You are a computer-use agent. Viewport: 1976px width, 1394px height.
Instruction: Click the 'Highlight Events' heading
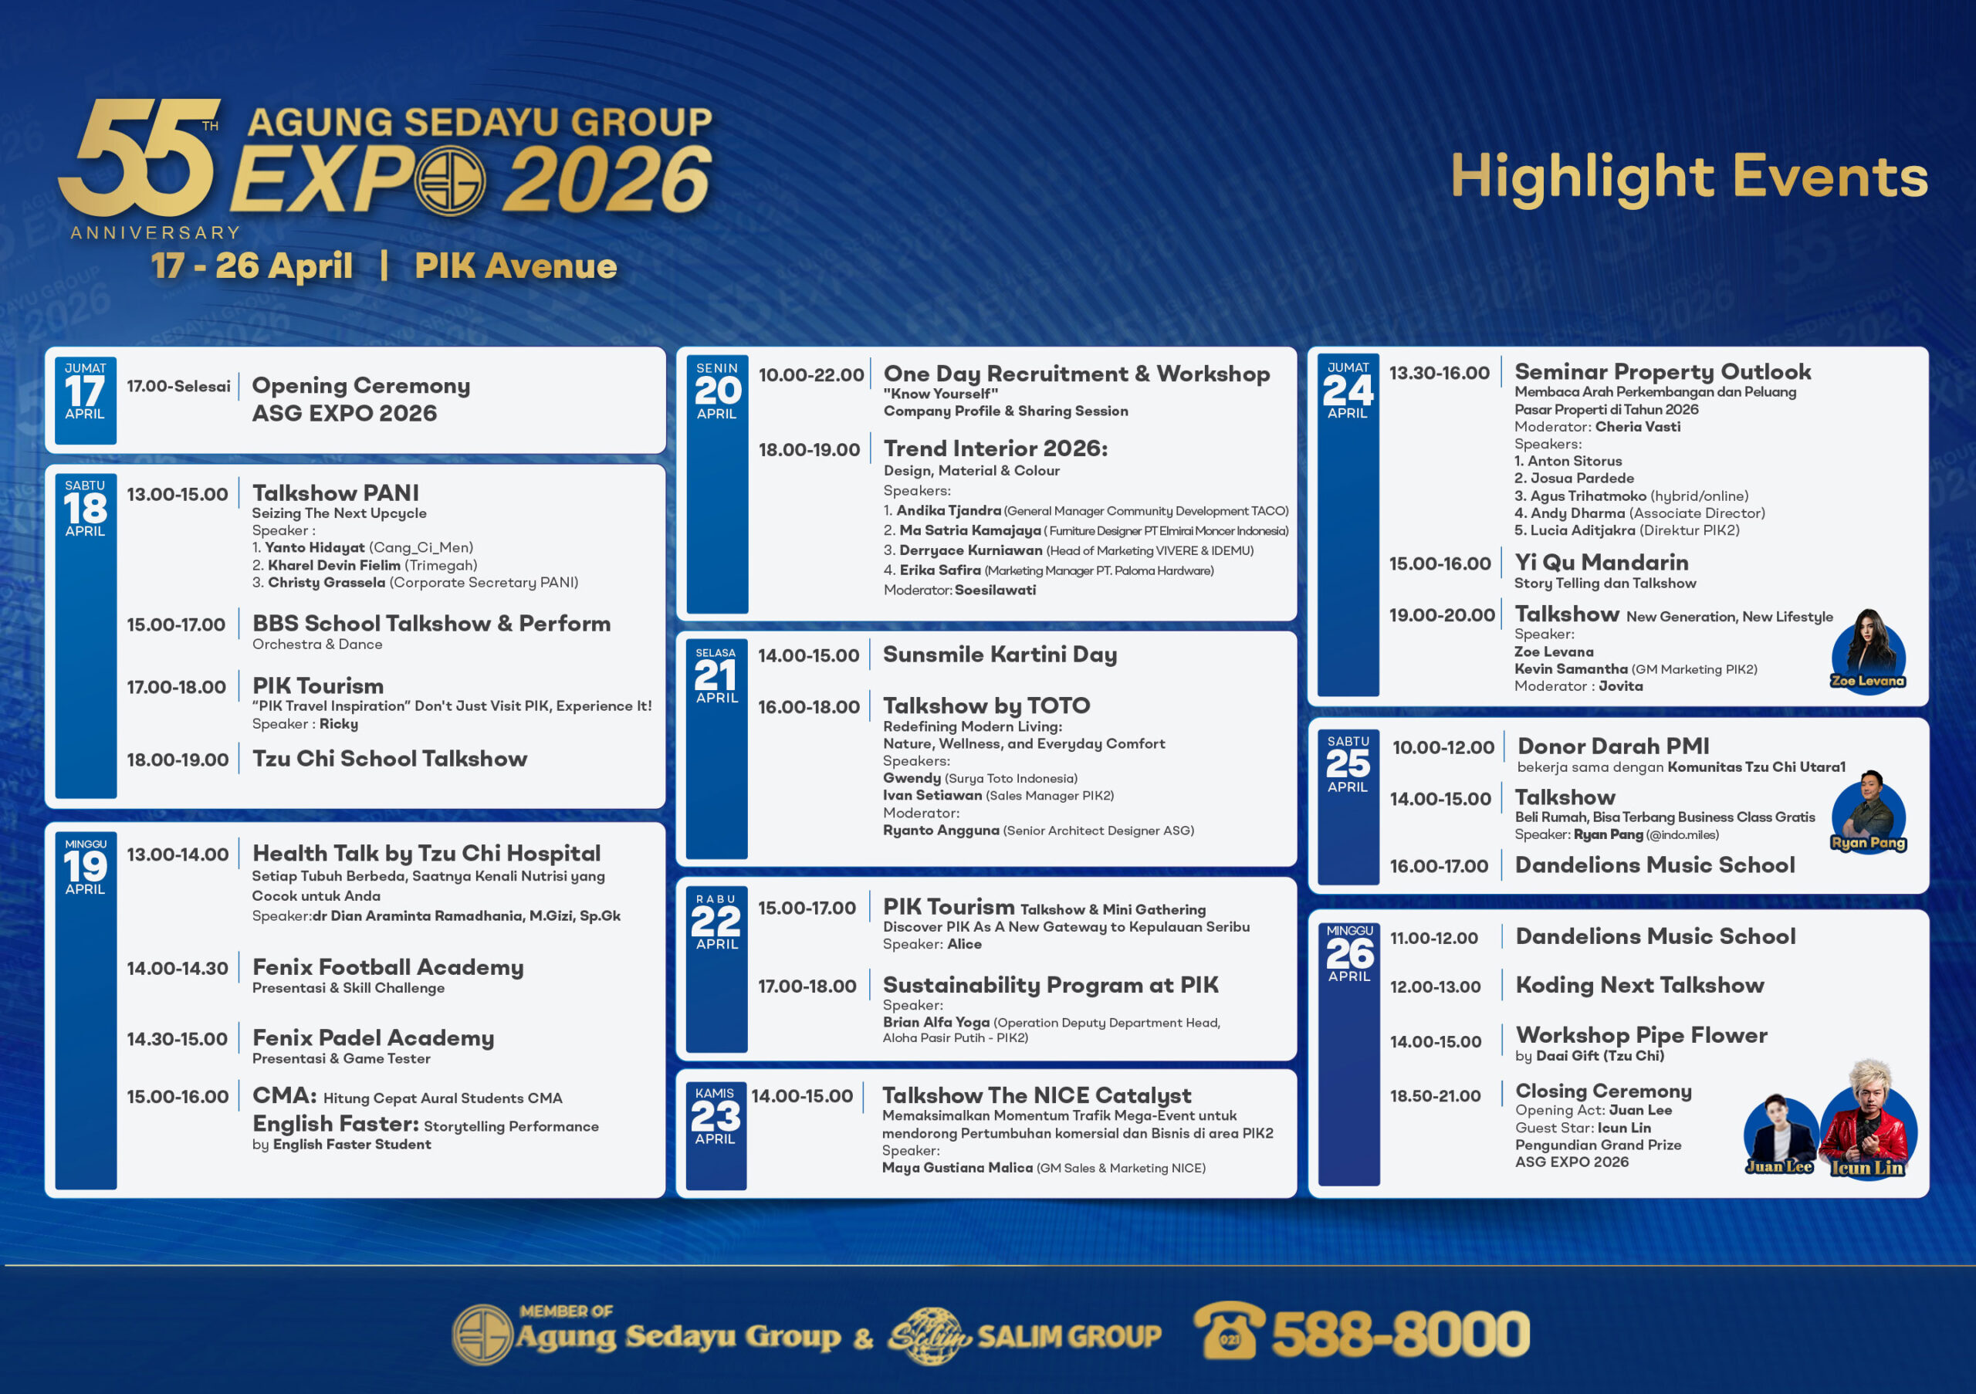pyautogui.click(x=1689, y=178)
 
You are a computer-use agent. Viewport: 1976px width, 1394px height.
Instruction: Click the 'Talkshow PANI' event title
pyautogui.click(x=336, y=493)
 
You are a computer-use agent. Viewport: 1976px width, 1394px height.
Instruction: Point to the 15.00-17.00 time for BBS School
pyautogui.click(x=177, y=624)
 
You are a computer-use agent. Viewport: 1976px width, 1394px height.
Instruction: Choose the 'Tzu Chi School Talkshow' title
pyautogui.click(x=390, y=759)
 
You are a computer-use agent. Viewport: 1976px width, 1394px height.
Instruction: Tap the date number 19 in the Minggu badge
pyautogui.click(x=85, y=867)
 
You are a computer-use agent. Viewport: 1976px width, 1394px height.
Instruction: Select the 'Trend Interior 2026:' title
pyautogui.click(x=996, y=448)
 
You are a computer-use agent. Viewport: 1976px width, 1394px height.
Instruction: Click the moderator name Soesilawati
pyautogui.click(x=995, y=590)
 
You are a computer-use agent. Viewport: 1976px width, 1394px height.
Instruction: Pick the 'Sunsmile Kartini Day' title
pyautogui.click(x=1000, y=655)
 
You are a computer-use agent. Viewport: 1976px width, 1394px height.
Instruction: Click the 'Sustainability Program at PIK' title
pyautogui.click(x=1051, y=985)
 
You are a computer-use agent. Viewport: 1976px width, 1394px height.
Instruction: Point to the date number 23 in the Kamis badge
pyautogui.click(x=716, y=1117)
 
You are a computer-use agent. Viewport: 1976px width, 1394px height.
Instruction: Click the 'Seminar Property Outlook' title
pyautogui.click(x=1663, y=372)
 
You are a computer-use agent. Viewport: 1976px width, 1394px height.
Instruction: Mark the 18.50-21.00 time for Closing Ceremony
pyautogui.click(x=1436, y=1096)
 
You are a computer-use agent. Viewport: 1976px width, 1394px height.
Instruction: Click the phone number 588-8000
pyautogui.click(x=1400, y=1335)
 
